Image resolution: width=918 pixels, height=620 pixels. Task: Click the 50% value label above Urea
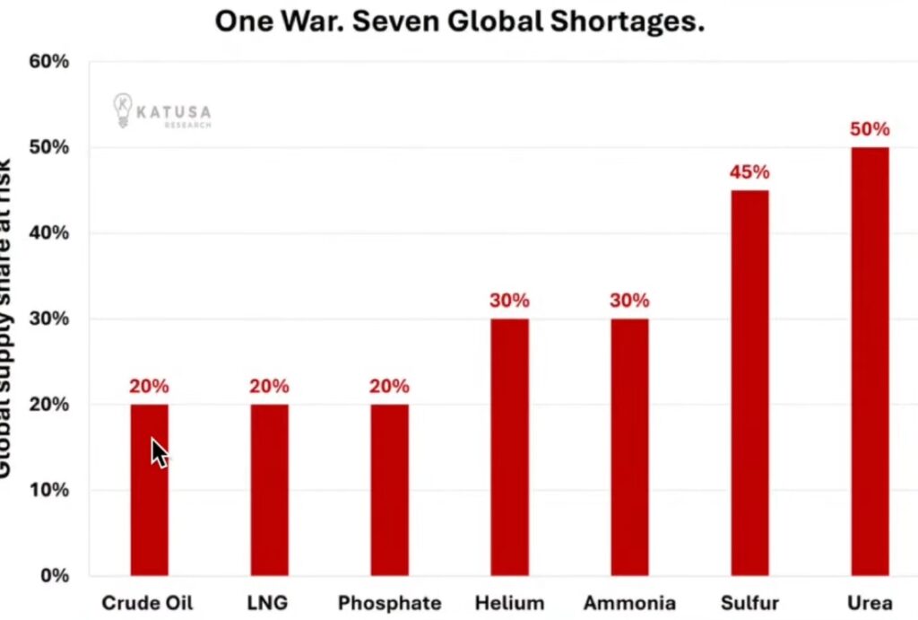pyautogui.click(x=870, y=129)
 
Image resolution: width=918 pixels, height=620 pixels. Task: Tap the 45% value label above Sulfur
pyautogui.click(x=749, y=172)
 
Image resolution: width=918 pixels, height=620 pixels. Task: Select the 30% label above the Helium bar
pyautogui.click(x=509, y=301)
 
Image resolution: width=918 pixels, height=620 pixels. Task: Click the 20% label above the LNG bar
pyautogui.click(x=269, y=387)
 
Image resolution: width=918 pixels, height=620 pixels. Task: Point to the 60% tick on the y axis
pyautogui.click(x=49, y=62)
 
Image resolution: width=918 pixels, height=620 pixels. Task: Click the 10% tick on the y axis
pyautogui.click(x=49, y=490)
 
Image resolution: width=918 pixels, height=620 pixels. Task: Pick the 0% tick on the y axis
pyautogui.click(x=54, y=575)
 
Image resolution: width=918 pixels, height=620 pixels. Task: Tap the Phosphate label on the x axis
pyautogui.click(x=389, y=603)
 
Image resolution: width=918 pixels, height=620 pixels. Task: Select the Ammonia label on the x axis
pyautogui.click(x=629, y=603)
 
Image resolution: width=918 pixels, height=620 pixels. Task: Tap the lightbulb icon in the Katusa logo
pyautogui.click(x=122, y=109)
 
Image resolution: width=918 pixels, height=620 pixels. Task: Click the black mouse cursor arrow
pyautogui.click(x=159, y=453)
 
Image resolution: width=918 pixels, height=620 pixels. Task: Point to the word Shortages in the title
pyautogui.click(x=624, y=22)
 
